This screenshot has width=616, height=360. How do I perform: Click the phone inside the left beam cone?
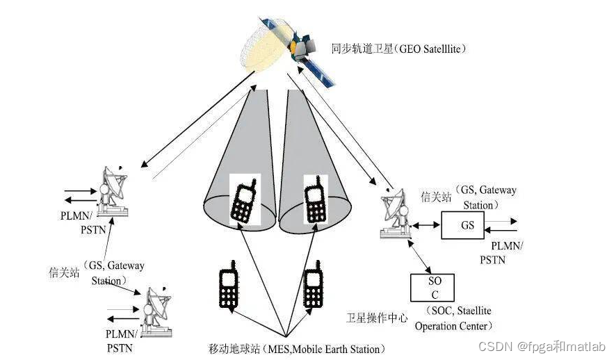coord(243,199)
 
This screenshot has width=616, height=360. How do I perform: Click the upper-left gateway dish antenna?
coord(112,189)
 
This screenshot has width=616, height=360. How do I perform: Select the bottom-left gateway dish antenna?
coord(154,311)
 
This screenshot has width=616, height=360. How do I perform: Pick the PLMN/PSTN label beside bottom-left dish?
coord(120,340)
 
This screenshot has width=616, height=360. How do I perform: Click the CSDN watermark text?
coord(555,346)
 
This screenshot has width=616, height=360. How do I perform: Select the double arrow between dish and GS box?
coord(425,225)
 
